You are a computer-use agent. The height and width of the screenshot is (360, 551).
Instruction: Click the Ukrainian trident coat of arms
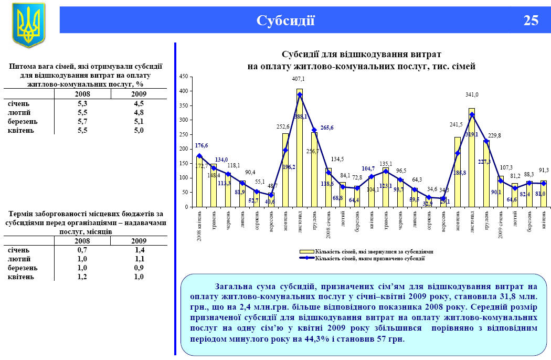tap(28, 25)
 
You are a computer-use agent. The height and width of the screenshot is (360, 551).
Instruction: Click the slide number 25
tap(531, 20)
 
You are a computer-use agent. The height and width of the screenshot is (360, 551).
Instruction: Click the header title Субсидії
tap(285, 20)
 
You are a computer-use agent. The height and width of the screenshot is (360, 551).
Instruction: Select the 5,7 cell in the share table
tap(82, 121)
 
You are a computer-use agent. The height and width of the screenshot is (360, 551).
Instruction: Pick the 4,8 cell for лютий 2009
tap(139, 112)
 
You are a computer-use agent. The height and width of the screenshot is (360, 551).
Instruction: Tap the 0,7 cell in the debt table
tap(82, 250)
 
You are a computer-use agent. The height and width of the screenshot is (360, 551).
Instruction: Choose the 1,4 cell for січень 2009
tap(139, 250)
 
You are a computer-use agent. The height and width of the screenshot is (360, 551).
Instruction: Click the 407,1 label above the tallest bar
tap(299, 79)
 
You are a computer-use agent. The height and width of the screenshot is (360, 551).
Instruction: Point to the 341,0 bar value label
tap(472, 95)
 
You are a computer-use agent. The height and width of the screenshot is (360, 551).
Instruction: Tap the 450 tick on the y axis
tap(184, 77)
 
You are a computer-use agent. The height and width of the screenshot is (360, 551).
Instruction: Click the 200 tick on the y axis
tap(184, 149)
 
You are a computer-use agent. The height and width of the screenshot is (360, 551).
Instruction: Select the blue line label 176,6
tap(202, 145)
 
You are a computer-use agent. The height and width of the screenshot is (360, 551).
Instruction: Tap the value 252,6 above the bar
tap(284, 126)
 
